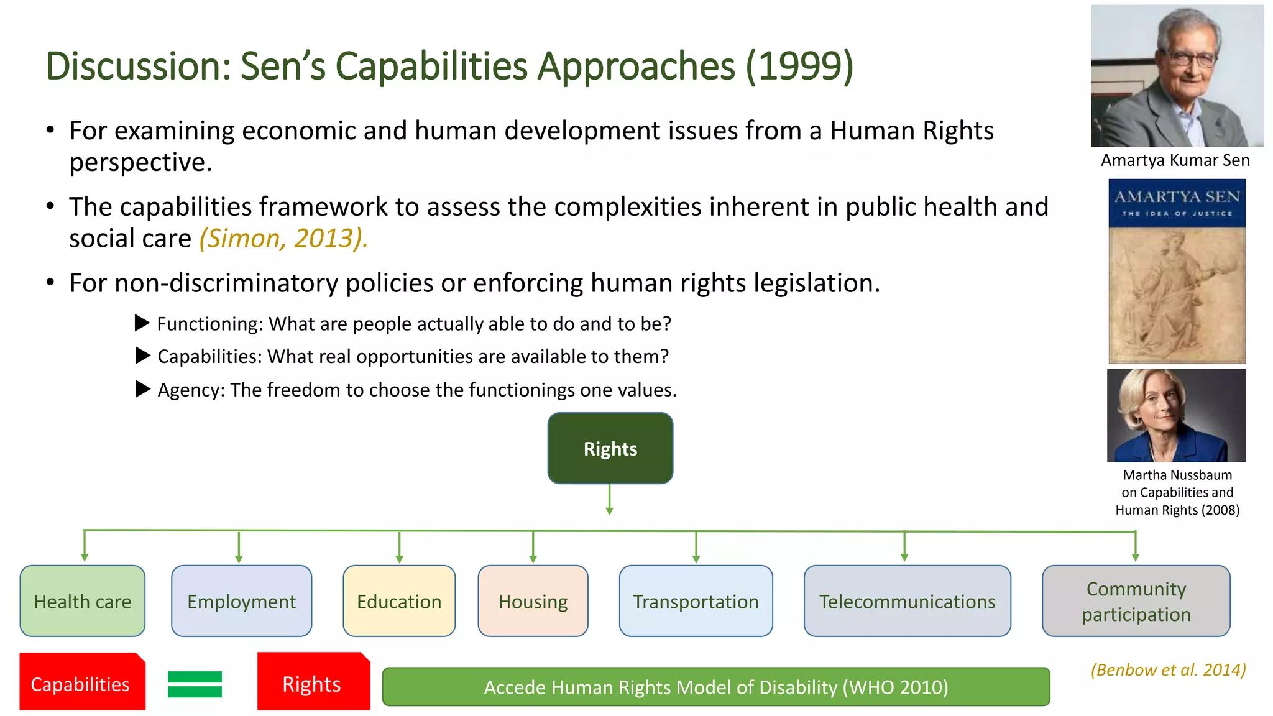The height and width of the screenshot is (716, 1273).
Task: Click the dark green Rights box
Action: [610, 448]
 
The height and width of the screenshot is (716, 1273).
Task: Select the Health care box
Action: [83, 601]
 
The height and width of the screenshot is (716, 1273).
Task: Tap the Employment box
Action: [241, 601]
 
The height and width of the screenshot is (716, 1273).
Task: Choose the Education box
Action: [399, 601]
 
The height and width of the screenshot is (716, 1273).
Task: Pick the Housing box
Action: [533, 601]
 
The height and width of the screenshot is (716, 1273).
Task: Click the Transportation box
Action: [696, 601]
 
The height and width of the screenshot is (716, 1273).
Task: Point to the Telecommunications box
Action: [907, 601]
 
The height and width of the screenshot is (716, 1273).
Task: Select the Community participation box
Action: [1136, 601]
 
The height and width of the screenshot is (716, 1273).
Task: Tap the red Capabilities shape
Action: [81, 682]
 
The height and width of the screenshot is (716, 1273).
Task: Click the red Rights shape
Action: [313, 682]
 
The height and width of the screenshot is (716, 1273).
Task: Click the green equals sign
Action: [195, 684]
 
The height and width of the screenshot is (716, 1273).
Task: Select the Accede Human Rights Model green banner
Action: [715, 687]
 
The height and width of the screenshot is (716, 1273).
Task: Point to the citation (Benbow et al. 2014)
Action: [1168, 669]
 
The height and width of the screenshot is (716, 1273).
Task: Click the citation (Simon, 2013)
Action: [283, 239]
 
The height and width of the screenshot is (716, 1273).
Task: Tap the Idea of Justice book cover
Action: [1177, 271]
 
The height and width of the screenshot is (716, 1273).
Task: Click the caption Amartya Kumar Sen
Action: [1175, 160]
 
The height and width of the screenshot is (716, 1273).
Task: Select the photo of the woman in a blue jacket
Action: [1176, 415]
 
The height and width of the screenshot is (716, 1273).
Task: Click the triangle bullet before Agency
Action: [142, 389]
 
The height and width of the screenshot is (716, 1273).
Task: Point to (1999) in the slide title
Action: [799, 66]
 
